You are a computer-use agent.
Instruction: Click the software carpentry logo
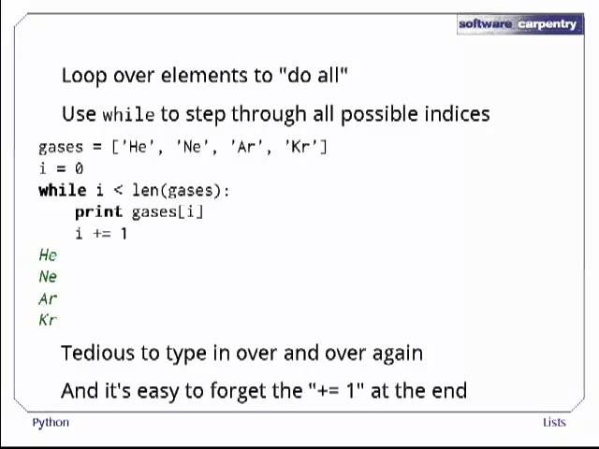click(519, 23)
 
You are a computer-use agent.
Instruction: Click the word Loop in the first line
click(84, 75)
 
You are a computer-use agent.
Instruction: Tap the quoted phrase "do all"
click(314, 75)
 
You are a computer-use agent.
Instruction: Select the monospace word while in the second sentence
click(128, 114)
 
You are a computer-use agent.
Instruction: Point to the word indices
click(457, 114)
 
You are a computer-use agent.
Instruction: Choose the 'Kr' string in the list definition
click(305, 147)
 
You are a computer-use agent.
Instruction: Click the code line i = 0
click(61, 168)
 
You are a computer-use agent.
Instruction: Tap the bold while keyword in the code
click(61, 190)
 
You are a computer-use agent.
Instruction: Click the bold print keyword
click(98, 211)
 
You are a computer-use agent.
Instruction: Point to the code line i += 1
click(101, 233)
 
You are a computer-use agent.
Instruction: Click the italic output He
click(48, 254)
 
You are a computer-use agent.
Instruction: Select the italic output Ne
click(48, 277)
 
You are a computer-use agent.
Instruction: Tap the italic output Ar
click(48, 298)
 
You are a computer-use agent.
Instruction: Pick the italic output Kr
click(48, 320)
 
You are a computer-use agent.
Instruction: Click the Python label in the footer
click(51, 422)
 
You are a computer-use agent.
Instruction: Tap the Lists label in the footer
click(554, 422)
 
